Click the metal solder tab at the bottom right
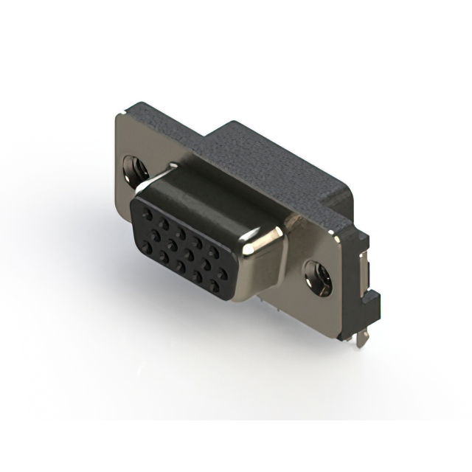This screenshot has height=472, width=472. click(x=360, y=337)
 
